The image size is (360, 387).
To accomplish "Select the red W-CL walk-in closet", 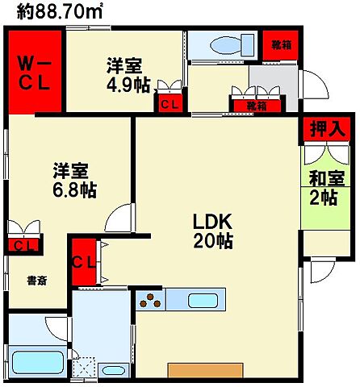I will [x=35, y=72].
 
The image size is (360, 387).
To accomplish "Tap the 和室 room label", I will [x=325, y=179].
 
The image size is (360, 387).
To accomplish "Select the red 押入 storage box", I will [x=328, y=127].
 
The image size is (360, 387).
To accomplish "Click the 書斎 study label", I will [x=36, y=281].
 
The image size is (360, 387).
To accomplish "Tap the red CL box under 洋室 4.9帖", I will [x=170, y=104].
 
